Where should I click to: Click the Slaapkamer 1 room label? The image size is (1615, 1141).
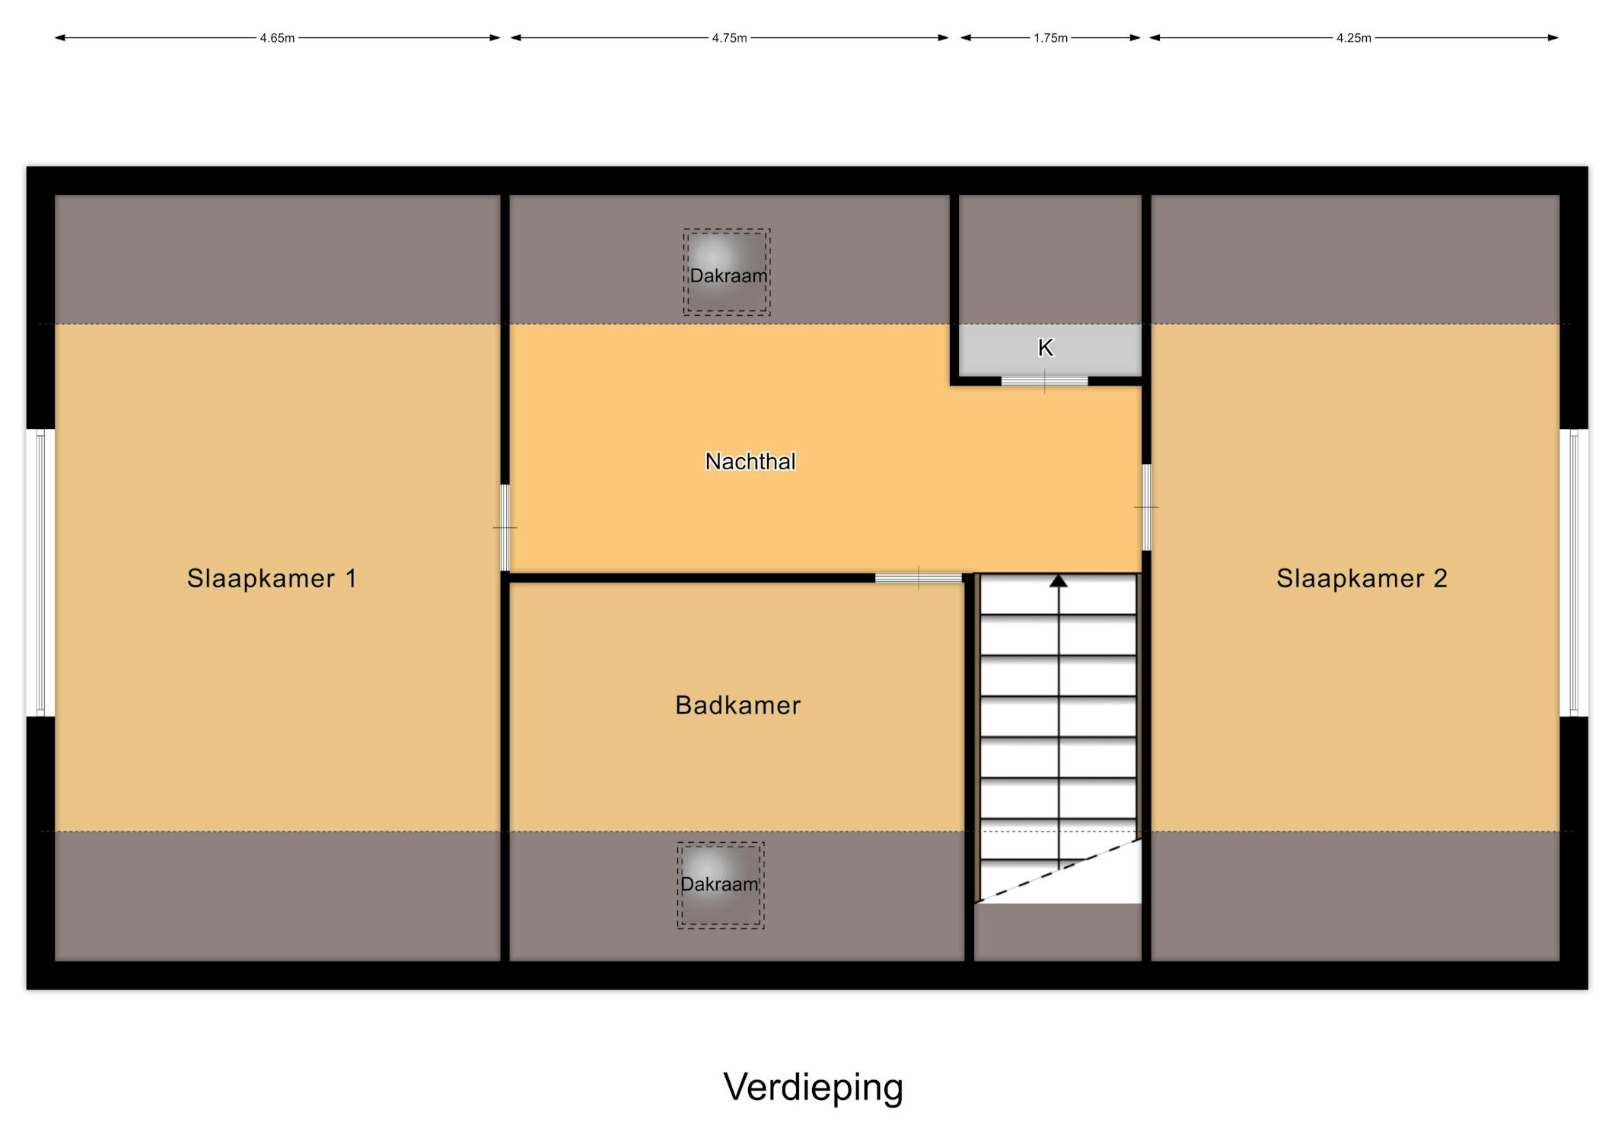tap(272, 578)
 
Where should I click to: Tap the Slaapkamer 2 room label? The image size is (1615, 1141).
tap(1362, 578)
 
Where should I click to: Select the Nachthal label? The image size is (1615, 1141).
tap(750, 461)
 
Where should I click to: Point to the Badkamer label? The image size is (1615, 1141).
tap(737, 705)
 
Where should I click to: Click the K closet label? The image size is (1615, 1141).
tap(1045, 348)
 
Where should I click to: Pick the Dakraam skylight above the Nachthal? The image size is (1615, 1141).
tap(727, 272)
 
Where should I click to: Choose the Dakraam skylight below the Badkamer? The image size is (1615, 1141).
tap(721, 885)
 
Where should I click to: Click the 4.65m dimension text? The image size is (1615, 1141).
tap(277, 38)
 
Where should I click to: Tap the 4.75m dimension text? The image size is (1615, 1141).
tap(729, 38)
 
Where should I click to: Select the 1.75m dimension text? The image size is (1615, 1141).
tap(1050, 38)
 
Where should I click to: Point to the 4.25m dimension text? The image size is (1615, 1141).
tap(1353, 38)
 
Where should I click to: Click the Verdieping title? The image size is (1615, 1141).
tap(813, 1088)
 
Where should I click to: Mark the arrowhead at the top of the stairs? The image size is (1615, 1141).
tap(1058, 580)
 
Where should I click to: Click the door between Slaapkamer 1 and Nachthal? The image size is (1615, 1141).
tap(505, 527)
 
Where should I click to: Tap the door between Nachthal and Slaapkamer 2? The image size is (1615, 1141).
tap(1146, 507)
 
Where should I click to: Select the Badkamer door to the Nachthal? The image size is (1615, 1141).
tap(918, 578)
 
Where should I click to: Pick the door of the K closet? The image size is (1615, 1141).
tap(1044, 380)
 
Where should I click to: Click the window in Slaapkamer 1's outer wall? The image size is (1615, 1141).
tap(40, 573)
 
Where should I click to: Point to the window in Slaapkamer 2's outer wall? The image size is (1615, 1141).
tap(1574, 573)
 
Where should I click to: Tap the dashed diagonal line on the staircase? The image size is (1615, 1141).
tap(1058, 871)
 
